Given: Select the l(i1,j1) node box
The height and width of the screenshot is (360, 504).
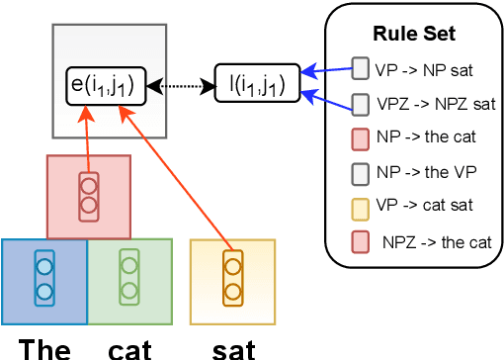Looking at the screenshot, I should tap(250, 86).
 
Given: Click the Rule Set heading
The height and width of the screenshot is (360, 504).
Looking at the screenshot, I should tap(413, 34).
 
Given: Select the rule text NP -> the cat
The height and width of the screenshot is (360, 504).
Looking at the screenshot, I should tap(426, 137).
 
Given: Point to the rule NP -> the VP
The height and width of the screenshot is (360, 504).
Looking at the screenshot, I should tap(426, 171).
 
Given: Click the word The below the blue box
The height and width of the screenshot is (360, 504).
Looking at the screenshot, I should tap(43, 347).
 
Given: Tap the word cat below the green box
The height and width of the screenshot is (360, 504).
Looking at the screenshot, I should tap(129, 347).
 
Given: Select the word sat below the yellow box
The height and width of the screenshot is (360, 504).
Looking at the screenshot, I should tap(233, 347).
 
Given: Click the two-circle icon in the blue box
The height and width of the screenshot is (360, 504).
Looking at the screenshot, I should tap(43, 280).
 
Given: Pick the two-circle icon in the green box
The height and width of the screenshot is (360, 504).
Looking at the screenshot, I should tap(128, 280).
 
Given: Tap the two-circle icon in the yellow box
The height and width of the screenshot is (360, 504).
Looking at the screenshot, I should tap(232, 280).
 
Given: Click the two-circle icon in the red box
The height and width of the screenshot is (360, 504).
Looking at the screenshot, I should tap(88, 195).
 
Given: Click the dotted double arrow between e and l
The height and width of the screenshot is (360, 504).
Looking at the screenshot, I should tap(180, 87).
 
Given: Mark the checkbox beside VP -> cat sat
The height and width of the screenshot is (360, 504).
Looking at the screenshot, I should tap(360, 205).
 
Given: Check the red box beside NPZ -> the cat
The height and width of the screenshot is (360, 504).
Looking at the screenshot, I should tap(360, 239).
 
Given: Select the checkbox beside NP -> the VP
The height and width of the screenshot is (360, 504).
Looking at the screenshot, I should tap(360, 171).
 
